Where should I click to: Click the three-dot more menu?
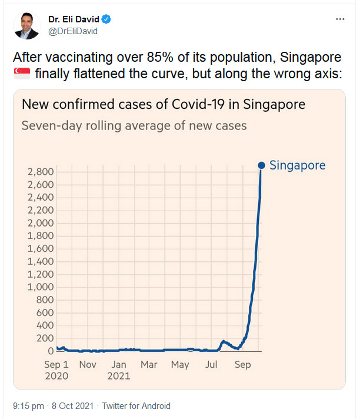(340, 19)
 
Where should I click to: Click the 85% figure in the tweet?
(183, 58)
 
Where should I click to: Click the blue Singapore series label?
(297, 165)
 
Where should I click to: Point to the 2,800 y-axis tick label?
(41, 172)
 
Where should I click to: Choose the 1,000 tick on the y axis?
(41, 287)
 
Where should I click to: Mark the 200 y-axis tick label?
(45, 338)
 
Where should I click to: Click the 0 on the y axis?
(51, 351)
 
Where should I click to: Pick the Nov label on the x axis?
(88, 365)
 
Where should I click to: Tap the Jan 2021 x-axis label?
(119, 370)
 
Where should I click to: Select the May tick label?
(180, 365)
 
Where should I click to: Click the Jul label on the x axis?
(211, 365)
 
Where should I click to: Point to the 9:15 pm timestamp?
(28, 406)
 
